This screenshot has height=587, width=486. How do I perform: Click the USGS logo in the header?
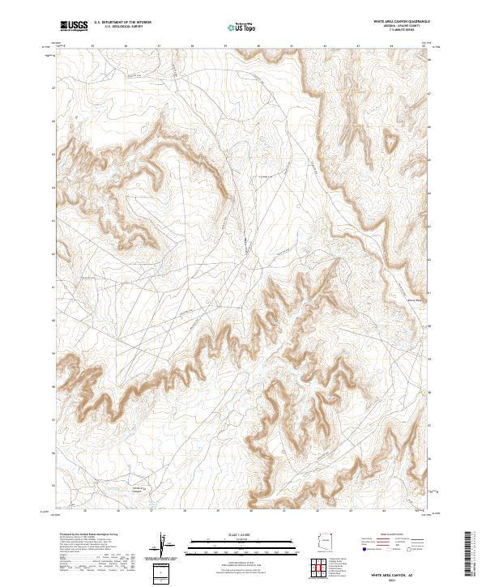(74, 27)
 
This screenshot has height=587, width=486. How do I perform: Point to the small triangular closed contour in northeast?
(391, 142)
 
